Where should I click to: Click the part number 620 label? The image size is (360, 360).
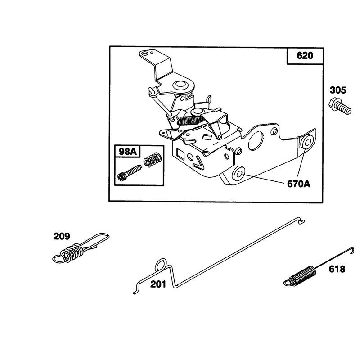click(305, 56)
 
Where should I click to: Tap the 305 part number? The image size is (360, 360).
click(338, 90)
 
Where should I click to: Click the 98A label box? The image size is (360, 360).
click(127, 152)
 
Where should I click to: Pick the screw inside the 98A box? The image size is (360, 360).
click(129, 173)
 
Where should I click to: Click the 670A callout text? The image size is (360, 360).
click(298, 184)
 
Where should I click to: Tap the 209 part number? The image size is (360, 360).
click(62, 236)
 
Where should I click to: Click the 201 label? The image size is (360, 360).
click(158, 284)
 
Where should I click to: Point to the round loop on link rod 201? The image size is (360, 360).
click(161, 264)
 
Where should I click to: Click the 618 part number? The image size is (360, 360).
click(337, 269)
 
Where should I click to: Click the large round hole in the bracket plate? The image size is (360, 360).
click(255, 140)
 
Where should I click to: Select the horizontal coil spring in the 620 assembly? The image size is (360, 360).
click(190, 120)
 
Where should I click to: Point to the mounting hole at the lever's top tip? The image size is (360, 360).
click(144, 54)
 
